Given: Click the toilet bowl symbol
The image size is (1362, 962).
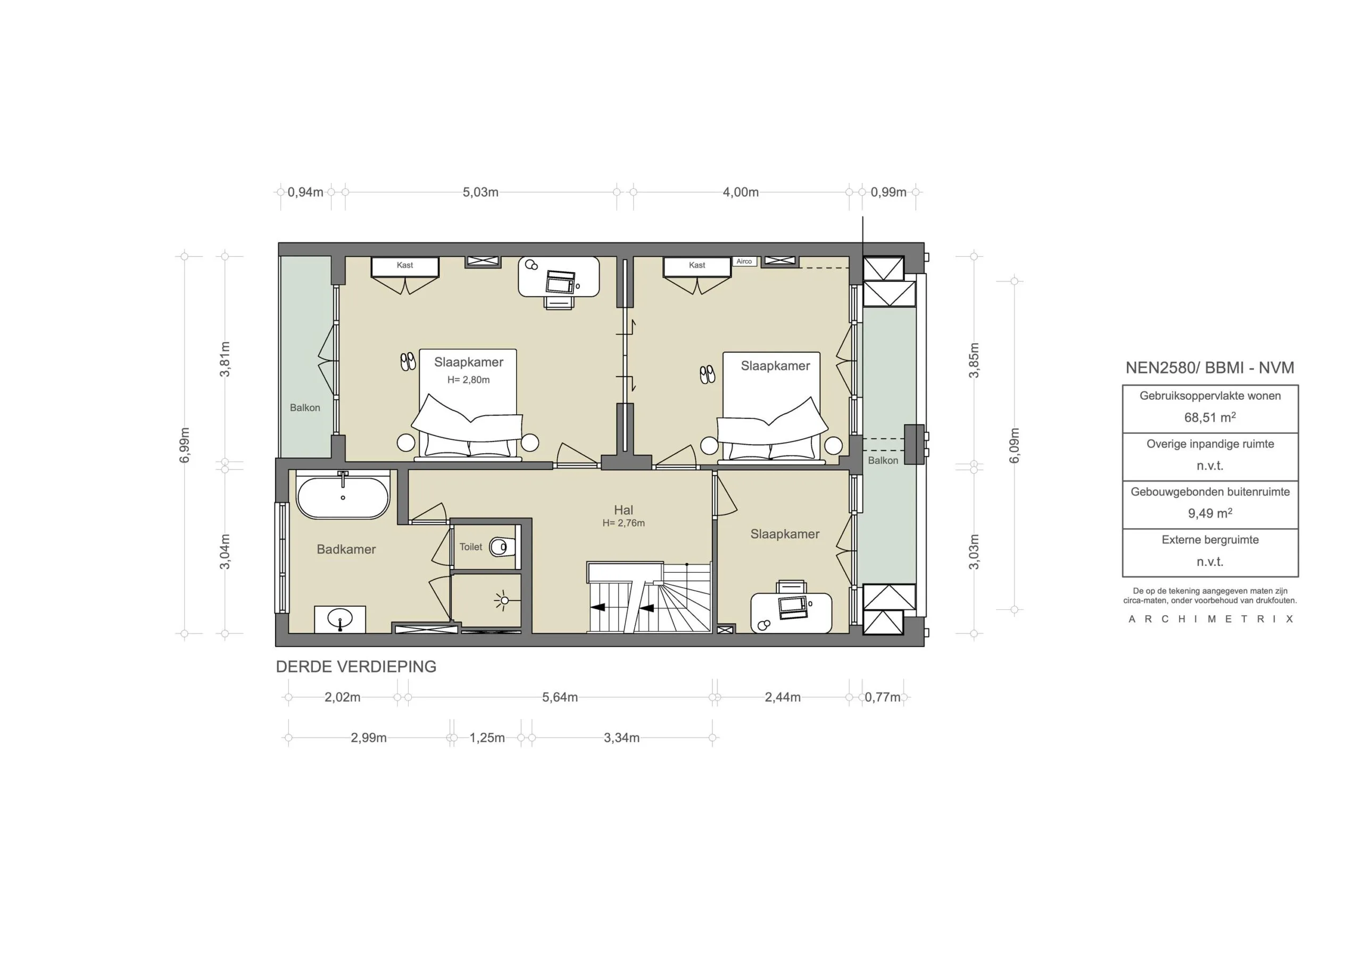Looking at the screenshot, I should point(501,547).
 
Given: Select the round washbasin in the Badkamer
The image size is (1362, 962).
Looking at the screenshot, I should point(339,618).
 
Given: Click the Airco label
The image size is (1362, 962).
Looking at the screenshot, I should point(744,262).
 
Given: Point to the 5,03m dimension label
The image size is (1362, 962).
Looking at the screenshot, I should point(480,192).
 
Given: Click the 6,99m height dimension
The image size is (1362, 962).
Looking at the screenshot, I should point(185,445).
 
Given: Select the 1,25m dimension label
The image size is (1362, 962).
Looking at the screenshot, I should point(487,738).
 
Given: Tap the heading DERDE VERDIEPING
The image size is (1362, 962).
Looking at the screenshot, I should point(356,667).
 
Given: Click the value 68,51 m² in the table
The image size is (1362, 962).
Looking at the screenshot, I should point(1209,417).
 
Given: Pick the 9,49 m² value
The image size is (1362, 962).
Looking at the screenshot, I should point(1209,514).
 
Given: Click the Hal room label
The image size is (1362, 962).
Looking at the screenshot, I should point(624,510).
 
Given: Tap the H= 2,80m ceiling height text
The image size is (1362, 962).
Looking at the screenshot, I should point(468,380).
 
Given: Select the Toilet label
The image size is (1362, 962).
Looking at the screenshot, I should point(470,547).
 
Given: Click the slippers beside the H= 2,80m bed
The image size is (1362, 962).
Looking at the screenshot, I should point(408,361).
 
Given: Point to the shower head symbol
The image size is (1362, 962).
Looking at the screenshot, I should point(504,600).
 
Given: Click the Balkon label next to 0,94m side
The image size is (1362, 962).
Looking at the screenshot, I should point(305,407).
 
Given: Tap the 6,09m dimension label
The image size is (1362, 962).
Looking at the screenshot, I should point(1015,445).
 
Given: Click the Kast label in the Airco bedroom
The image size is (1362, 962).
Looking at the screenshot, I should point(697,265).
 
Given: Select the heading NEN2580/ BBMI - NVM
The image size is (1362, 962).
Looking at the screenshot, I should point(1209,367).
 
